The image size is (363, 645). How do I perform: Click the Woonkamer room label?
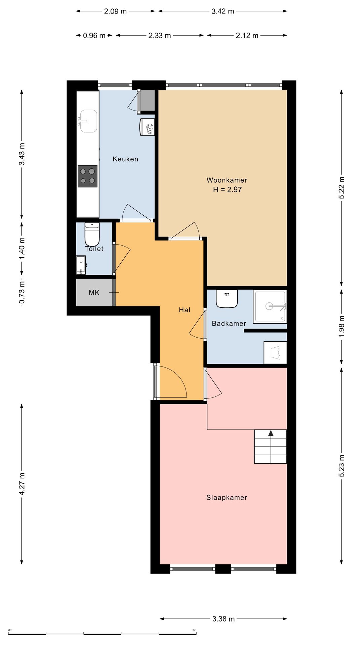pos(227,180)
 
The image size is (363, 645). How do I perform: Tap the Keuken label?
pos(125,159)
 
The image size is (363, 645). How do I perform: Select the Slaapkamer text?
pos(227,498)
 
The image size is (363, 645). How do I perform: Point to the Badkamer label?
pos(229,324)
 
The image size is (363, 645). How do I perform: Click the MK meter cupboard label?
pos(94,293)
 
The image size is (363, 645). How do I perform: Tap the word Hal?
pos(185,310)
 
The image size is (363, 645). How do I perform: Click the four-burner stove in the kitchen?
pos(88,176)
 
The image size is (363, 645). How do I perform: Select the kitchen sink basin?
pos(88,121)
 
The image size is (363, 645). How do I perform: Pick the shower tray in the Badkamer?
pos(270,306)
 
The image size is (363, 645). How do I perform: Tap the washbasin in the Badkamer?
pos(227,299)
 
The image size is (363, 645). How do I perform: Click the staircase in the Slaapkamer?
pos(270,446)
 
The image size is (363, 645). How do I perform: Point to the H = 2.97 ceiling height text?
pos(227,189)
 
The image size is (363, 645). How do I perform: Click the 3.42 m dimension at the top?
pos(223,11)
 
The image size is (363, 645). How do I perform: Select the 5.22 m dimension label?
pos(341,187)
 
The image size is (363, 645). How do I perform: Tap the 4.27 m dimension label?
pos(22,484)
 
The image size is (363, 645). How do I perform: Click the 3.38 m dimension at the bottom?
pos(224,619)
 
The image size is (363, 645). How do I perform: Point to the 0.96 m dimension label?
pos(94,35)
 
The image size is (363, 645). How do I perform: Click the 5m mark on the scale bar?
pos(194,630)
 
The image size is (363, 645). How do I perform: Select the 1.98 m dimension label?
pos(341,327)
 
